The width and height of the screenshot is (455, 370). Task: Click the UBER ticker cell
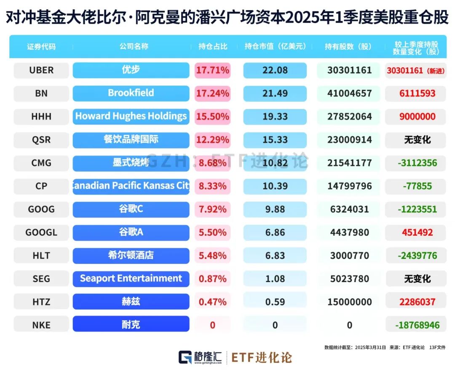tap(41, 70)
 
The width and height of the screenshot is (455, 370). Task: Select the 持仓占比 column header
tap(213, 46)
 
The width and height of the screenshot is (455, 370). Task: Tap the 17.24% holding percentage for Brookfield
tap(213, 93)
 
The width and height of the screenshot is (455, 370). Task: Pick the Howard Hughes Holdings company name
tap(131, 117)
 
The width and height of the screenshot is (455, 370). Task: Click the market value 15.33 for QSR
tap(274, 140)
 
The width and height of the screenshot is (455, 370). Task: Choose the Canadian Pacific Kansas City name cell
tap(131, 186)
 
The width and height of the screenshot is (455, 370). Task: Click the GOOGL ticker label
tap(41, 232)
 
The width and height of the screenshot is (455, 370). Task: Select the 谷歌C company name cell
tap(131, 209)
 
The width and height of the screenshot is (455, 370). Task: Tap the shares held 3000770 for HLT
tap(350, 256)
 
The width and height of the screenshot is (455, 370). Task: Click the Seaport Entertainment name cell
tap(131, 279)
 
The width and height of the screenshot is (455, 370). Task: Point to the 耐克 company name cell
tap(131, 325)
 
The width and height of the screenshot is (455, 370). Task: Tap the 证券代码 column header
tap(41, 46)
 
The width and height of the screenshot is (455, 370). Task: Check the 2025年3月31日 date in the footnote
tap(370, 348)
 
